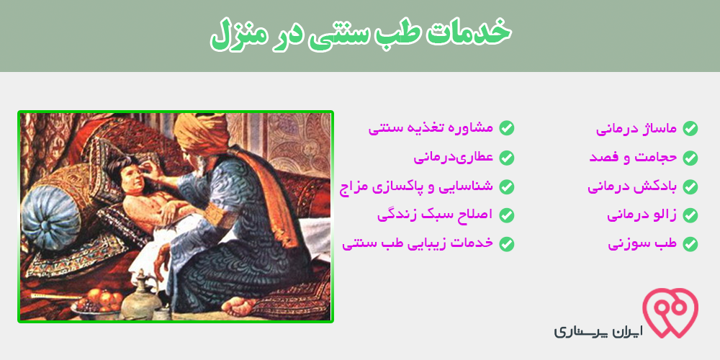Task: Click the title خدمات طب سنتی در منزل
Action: coord(360,35)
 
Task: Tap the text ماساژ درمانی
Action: coord(636,129)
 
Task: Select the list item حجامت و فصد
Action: coord(633,158)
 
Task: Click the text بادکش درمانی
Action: coord(632,186)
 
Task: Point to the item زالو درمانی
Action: coord(642,215)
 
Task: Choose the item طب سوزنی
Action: coord(642,243)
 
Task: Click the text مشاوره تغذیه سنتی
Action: coord(431,128)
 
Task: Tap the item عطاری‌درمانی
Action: coord(453,158)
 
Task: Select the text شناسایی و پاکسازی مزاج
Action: coord(416,187)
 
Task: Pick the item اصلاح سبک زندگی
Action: coord(435,215)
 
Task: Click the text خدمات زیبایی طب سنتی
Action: coord(418,243)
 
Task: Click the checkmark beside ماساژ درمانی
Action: coord(690,129)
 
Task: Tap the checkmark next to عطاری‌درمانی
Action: coord(506,158)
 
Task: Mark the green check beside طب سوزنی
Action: coord(690,244)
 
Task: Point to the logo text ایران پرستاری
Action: coord(598,331)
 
